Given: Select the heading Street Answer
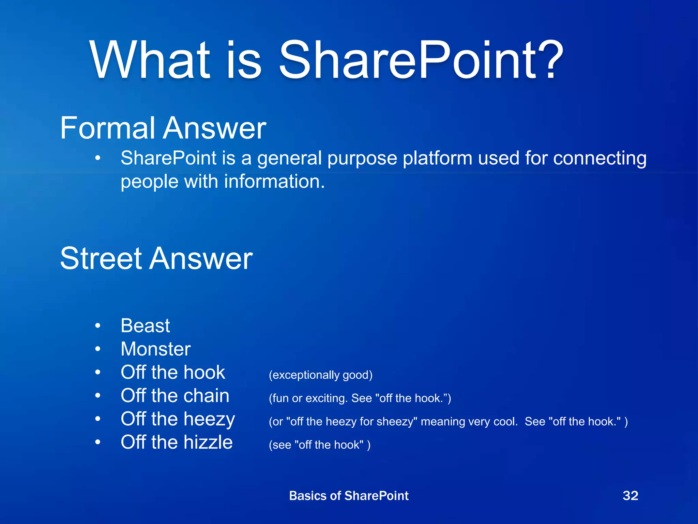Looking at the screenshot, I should pyautogui.click(x=156, y=258).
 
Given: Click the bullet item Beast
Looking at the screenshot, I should pyautogui.click(x=145, y=325).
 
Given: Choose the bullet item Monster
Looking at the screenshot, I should pyautogui.click(x=156, y=349).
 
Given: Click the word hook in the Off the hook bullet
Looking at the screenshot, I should pyautogui.click(x=204, y=372).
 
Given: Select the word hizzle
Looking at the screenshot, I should pyautogui.click(x=208, y=442).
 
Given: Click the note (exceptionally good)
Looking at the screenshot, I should pyautogui.click(x=320, y=375).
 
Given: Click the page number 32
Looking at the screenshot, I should pyautogui.click(x=630, y=496).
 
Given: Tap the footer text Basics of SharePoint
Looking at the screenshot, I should pyautogui.click(x=349, y=496).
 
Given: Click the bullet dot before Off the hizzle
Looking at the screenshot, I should pyautogui.click(x=98, y=442).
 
